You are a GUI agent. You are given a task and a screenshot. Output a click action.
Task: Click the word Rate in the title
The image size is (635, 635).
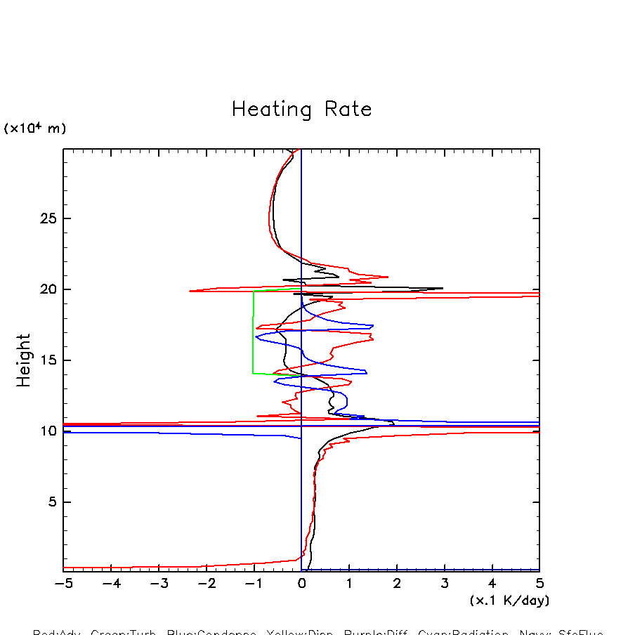(x=348, y=110)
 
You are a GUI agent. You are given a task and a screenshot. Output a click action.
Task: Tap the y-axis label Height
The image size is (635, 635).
(x=24, y=360)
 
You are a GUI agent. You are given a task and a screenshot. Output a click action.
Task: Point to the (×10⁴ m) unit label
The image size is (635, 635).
(x=35, y=129)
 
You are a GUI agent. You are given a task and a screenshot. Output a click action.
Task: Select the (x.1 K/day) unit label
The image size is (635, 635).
(x=509, y=601)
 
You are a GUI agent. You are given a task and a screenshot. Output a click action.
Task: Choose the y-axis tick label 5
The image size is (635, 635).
(x=53, y=502)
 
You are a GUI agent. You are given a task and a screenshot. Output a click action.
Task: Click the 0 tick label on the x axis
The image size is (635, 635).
(x=301, y=584)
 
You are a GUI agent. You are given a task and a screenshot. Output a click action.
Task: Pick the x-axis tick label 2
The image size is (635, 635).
(x=397, y=584)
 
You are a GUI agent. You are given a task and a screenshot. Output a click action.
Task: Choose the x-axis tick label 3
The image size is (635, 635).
(x=445, y=584)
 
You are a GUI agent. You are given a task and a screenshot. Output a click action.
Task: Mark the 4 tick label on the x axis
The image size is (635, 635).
(x=492, y=584)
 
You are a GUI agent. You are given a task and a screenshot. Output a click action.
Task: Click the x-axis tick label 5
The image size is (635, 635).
(x=539, y=584)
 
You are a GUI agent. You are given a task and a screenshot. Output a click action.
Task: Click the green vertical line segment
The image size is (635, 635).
(x=254, y=330)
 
